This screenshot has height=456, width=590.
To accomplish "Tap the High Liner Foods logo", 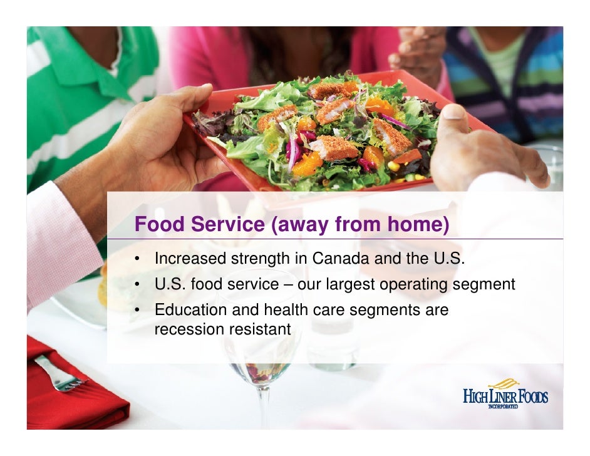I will [x=505, y=393].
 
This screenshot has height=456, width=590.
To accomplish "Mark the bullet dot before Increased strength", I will [x=135, y=259].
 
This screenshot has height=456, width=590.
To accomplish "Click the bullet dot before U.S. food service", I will [x=135, y=286].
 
